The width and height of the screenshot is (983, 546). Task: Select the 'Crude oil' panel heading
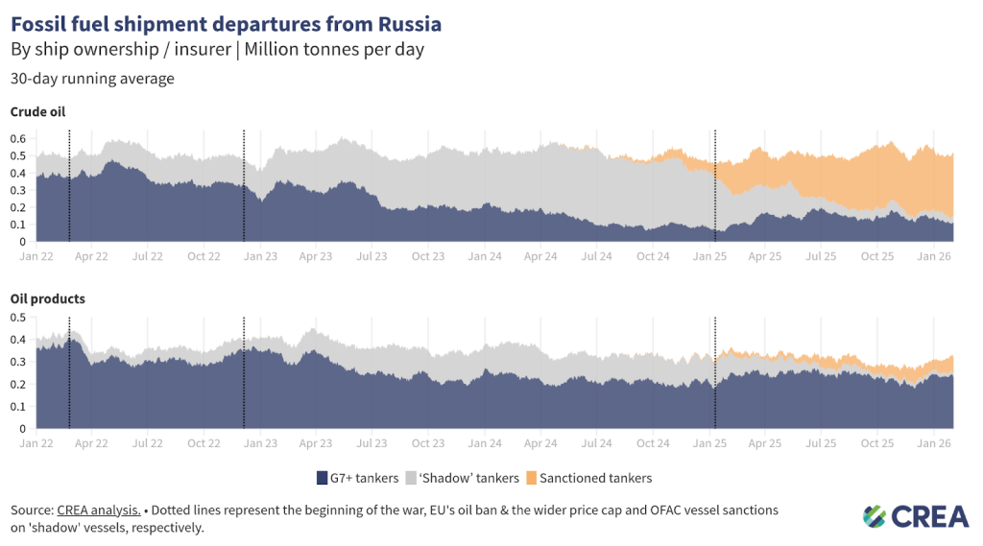pos(37,112)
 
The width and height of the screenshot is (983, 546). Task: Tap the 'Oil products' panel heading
pos(47,298)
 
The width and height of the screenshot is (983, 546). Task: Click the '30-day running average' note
pos(92,79)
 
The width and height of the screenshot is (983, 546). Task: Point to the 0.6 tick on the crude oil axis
pos(17,138)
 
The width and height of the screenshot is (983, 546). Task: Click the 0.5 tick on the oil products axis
pos(17,317)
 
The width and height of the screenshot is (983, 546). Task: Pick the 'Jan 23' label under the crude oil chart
pos(260,257)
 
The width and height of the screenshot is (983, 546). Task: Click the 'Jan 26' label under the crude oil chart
pos(935,257)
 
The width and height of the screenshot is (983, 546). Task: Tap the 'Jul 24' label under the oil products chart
pos(597,443)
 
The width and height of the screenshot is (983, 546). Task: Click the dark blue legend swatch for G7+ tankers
pos(323,478)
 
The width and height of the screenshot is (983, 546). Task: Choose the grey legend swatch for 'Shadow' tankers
pos(412,478)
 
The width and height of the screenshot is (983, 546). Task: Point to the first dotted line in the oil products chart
pos(69,374)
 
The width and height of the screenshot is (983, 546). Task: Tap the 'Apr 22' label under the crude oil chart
pos(91,257)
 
